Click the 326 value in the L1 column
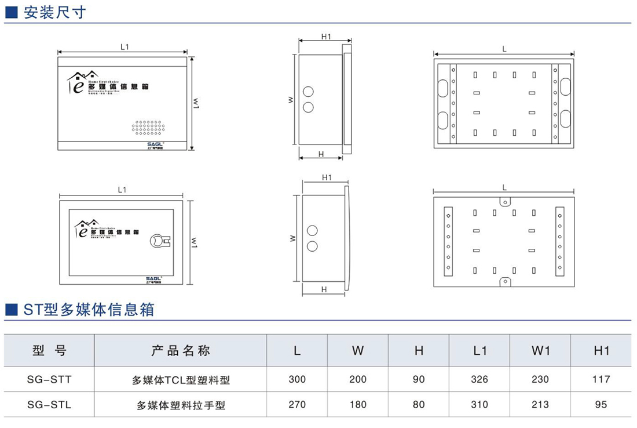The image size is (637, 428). tap(479, 379)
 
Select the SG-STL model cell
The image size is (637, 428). tap(49, 405)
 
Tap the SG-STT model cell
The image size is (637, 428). tap(49, 379)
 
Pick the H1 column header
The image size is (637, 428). tap(601, 350)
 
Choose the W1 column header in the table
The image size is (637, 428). tap(540, 350)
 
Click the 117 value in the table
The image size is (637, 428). tap(601, 379)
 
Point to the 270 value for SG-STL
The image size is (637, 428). tap(297, 405)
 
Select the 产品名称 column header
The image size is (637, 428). tap(181, 350)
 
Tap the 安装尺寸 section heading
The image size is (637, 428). tap(55, 12)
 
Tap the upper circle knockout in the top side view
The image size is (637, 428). tap(308, 92)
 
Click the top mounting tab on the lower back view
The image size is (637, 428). tap(505, 201)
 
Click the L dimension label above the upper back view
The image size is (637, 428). tap(505, 49)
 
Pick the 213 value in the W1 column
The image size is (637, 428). tap(540, 405)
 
